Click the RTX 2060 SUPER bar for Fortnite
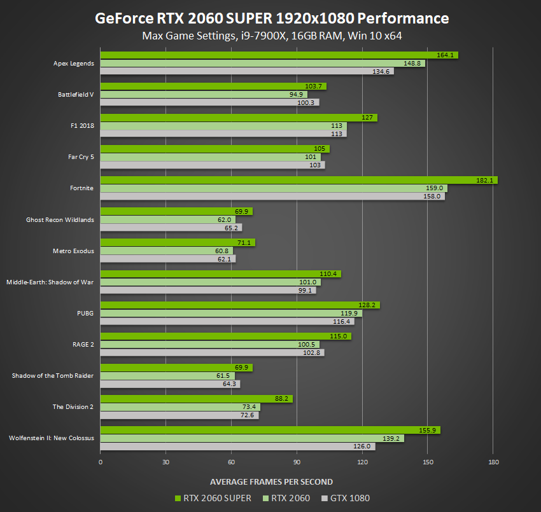(299, 180)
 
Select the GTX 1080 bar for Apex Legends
(247, 71)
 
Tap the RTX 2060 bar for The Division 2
(180, 406)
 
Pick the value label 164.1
(446, 55)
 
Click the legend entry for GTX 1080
(346, 498)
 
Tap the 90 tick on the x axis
(297, 462)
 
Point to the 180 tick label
(493, 462)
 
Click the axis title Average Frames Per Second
(271, 481)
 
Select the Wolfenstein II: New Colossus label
(52, 438)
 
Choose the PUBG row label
(85, 313)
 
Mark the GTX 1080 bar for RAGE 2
(212, 352)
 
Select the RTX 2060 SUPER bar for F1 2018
(239, 118)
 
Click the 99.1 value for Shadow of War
(307, 290)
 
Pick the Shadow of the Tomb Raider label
(53, 375)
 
